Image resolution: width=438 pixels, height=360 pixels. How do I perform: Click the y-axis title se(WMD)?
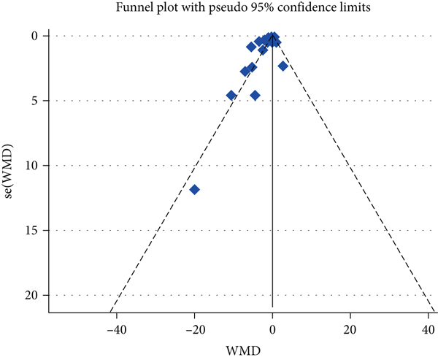(x=10, y=166)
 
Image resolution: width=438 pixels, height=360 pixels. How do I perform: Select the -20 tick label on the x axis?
(x=194, y=329)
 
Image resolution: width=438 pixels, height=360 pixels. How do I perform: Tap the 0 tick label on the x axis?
(x=272, y=329)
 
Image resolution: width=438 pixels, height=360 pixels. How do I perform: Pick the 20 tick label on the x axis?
(x=350, y=329)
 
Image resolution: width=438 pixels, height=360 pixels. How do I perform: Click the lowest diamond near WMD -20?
(x=194, y=190)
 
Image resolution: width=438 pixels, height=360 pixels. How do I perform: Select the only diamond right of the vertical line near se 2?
(x=283, y=66)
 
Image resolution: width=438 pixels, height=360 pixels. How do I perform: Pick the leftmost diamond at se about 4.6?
(x=231, y=95)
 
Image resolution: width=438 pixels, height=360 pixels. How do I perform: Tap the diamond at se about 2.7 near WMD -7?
(x=245, y=71)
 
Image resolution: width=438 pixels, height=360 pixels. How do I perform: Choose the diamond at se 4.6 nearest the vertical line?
(x=255, y=95)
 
